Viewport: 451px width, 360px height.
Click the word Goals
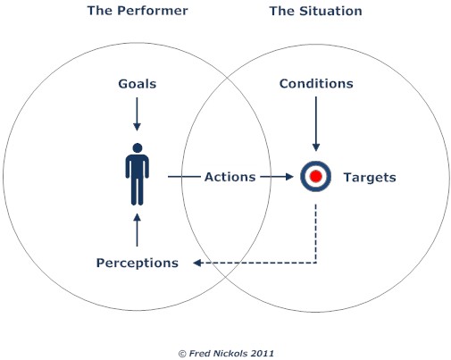pos(138,84)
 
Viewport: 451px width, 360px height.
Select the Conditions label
pos(316,84)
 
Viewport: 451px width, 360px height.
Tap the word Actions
pos(230,177)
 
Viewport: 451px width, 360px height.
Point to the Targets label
pos(370,178)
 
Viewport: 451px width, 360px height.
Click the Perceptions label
pos(138,263)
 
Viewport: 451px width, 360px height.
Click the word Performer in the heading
pos(153,11)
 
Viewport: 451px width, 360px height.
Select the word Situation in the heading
pos(330,11)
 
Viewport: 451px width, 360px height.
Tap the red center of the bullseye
pos(316,176)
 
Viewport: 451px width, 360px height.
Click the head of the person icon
pos(138,148)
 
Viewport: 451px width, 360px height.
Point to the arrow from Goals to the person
pos(137,114)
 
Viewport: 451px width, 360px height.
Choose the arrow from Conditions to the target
pos(316,124)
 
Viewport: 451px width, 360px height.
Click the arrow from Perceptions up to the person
pos(137,230)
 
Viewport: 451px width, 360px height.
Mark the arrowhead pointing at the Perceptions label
pos(196,263)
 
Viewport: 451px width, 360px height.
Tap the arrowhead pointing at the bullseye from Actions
pos(289,177)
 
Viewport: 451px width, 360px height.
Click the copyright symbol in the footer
pos(182,354)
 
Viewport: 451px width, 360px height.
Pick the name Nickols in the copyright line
pos(228,354)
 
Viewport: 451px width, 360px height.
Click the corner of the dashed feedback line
pos(316,263)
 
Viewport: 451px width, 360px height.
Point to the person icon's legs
pos(138,191)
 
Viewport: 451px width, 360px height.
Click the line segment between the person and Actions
pos(184,177)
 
